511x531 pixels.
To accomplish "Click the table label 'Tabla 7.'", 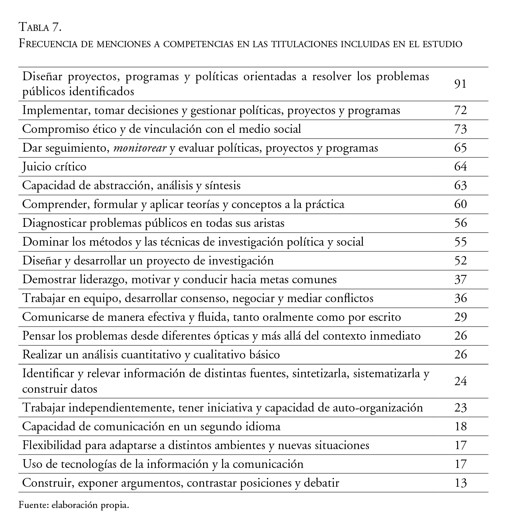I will click(40, 28).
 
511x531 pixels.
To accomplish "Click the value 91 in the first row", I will click(460, 84).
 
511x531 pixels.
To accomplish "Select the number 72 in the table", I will click(460, 110).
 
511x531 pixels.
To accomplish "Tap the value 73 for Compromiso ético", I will click(460, 129).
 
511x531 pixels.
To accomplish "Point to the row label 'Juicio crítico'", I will click(54, 167).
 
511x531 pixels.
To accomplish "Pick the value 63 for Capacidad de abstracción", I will click(460, 185).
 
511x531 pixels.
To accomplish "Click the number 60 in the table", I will click(460, 204).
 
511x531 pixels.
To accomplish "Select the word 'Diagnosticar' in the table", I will click(54, 223).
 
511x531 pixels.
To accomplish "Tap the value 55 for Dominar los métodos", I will click(460, 242).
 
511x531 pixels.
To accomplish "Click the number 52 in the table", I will click(460, 261).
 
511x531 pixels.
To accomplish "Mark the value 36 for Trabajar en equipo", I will click(460, 298).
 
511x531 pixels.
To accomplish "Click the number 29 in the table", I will click(460, 317).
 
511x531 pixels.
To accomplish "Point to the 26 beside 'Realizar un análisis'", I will click(460, 355).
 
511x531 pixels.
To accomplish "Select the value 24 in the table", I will click(460, 381).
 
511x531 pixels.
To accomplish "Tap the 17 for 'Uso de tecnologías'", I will click(460, 464).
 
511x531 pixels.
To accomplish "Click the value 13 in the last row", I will click(460, 483).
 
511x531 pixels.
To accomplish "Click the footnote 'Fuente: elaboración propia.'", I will click(74, 505).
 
